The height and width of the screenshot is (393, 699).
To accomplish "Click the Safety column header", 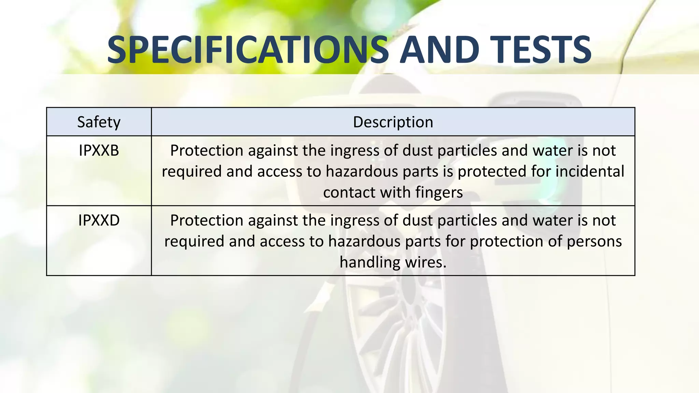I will point(99,122).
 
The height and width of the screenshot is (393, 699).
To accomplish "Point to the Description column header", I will point(393,122).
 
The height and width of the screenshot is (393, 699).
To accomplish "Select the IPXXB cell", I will point(99,150).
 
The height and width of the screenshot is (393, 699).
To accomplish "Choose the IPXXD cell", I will point(99,220).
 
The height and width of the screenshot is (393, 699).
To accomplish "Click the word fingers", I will point(439,193).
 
